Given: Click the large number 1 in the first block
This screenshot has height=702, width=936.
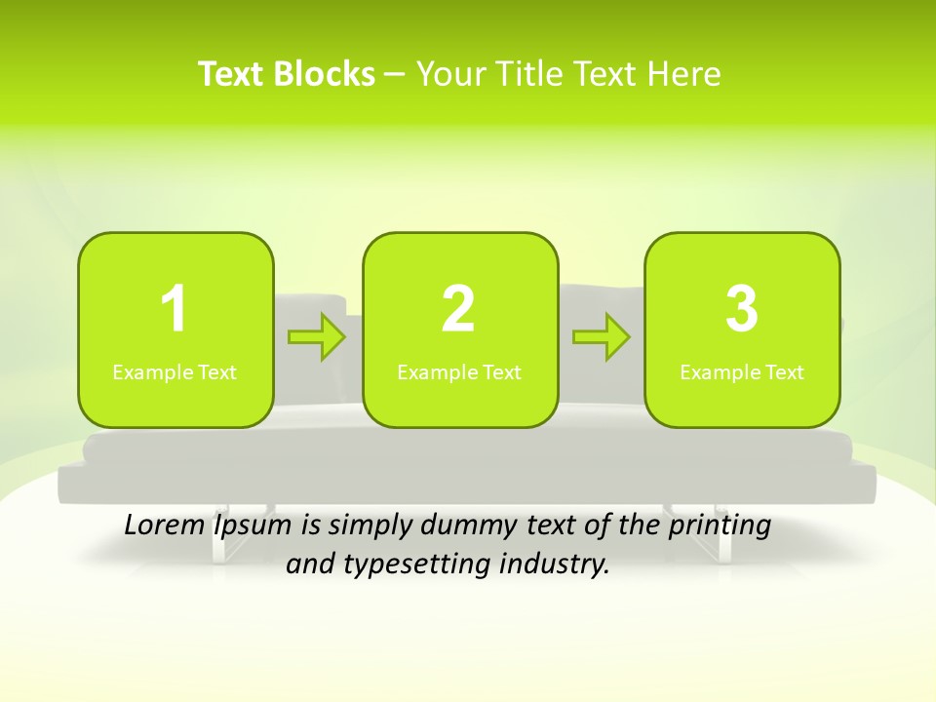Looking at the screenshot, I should pos(175,309).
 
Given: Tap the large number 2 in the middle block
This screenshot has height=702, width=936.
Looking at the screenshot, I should pos(458,309).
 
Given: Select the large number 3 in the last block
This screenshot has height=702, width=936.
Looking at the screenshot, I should pos(742,309).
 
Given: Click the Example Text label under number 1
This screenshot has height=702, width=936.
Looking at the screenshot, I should pos(175,371).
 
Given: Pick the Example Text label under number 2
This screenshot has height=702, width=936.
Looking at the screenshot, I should pos(459,371).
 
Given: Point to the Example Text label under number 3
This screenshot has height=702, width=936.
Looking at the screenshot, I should pos(742,371).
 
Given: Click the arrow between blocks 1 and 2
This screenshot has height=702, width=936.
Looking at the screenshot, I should pos(318,337).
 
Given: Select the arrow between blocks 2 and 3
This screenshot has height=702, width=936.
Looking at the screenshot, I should pos(602,337).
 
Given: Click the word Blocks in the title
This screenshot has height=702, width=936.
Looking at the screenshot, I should pos(325,74).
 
